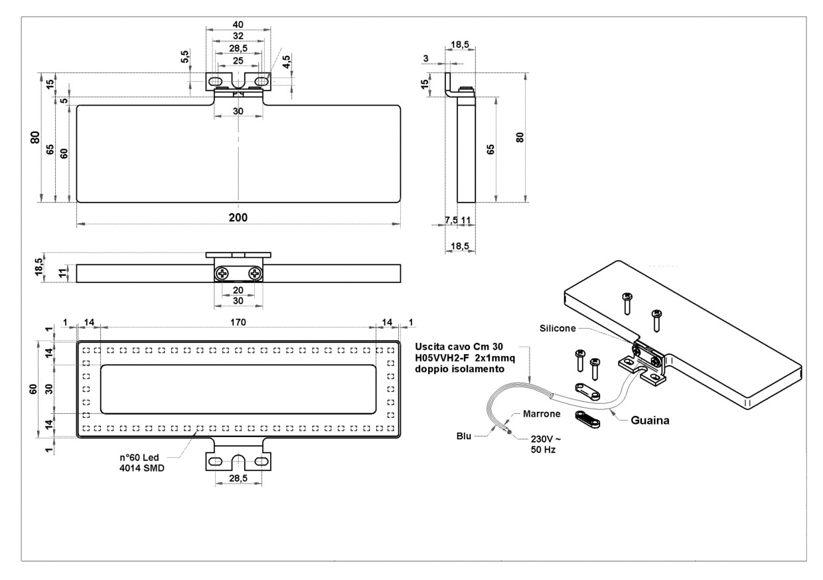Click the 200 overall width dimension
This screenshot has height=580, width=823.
pos(238,218)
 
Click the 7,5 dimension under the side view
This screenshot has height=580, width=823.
pos(451,221)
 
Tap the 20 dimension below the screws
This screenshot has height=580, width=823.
pos(238,290)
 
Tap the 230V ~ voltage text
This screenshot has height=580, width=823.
pos(543,440)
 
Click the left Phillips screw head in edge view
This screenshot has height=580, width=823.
pos(222,273)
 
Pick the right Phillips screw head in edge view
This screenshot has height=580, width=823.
pos(255,273)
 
